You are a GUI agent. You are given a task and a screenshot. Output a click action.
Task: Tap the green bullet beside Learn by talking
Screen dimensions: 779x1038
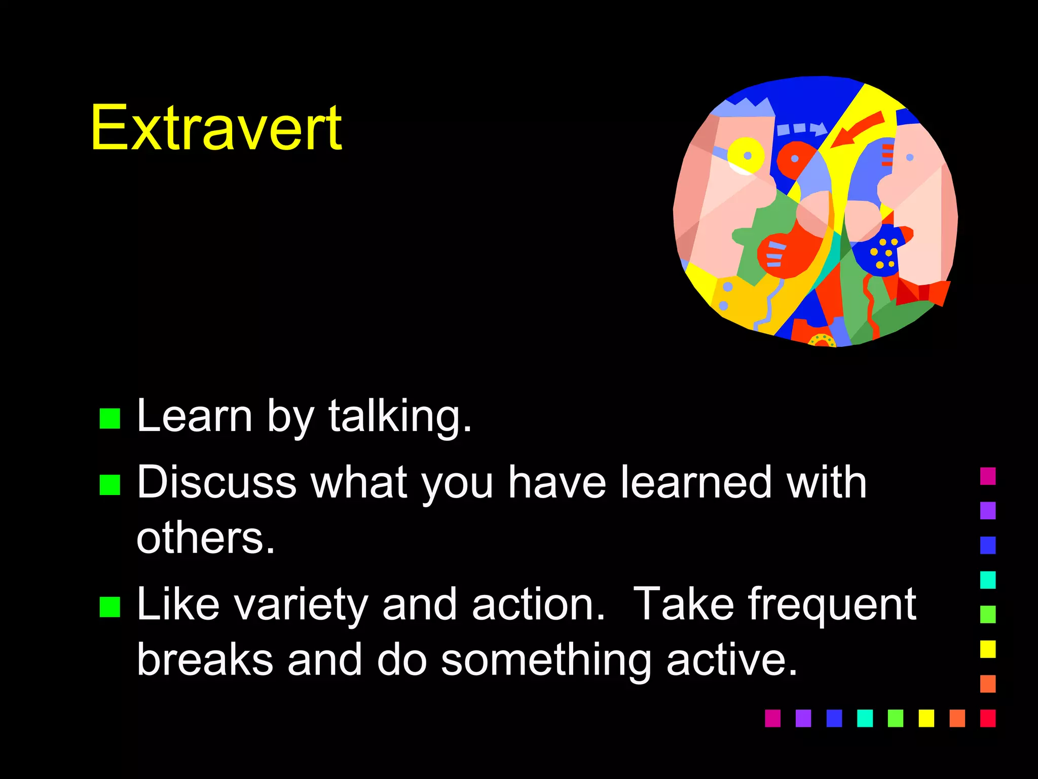coord(110,419)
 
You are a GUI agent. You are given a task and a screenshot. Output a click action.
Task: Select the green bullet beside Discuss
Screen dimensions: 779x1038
coord(110,485)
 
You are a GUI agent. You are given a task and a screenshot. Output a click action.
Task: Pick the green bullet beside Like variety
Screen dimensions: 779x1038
coord(110,607)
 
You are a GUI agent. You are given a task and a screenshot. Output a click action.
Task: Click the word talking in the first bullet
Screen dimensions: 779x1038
coord(399,417)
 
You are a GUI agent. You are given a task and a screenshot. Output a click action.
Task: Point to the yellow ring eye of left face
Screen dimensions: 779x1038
coord(746,154)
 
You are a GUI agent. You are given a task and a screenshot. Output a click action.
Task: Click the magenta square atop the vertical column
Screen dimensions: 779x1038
coord(987,476)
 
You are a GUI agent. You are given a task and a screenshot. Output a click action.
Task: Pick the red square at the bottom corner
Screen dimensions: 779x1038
coord(987,718)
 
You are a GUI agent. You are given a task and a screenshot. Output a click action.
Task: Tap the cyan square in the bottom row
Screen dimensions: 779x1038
coord(865,718)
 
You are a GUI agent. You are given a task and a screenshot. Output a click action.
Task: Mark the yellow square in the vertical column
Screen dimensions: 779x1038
coord(987,649)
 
